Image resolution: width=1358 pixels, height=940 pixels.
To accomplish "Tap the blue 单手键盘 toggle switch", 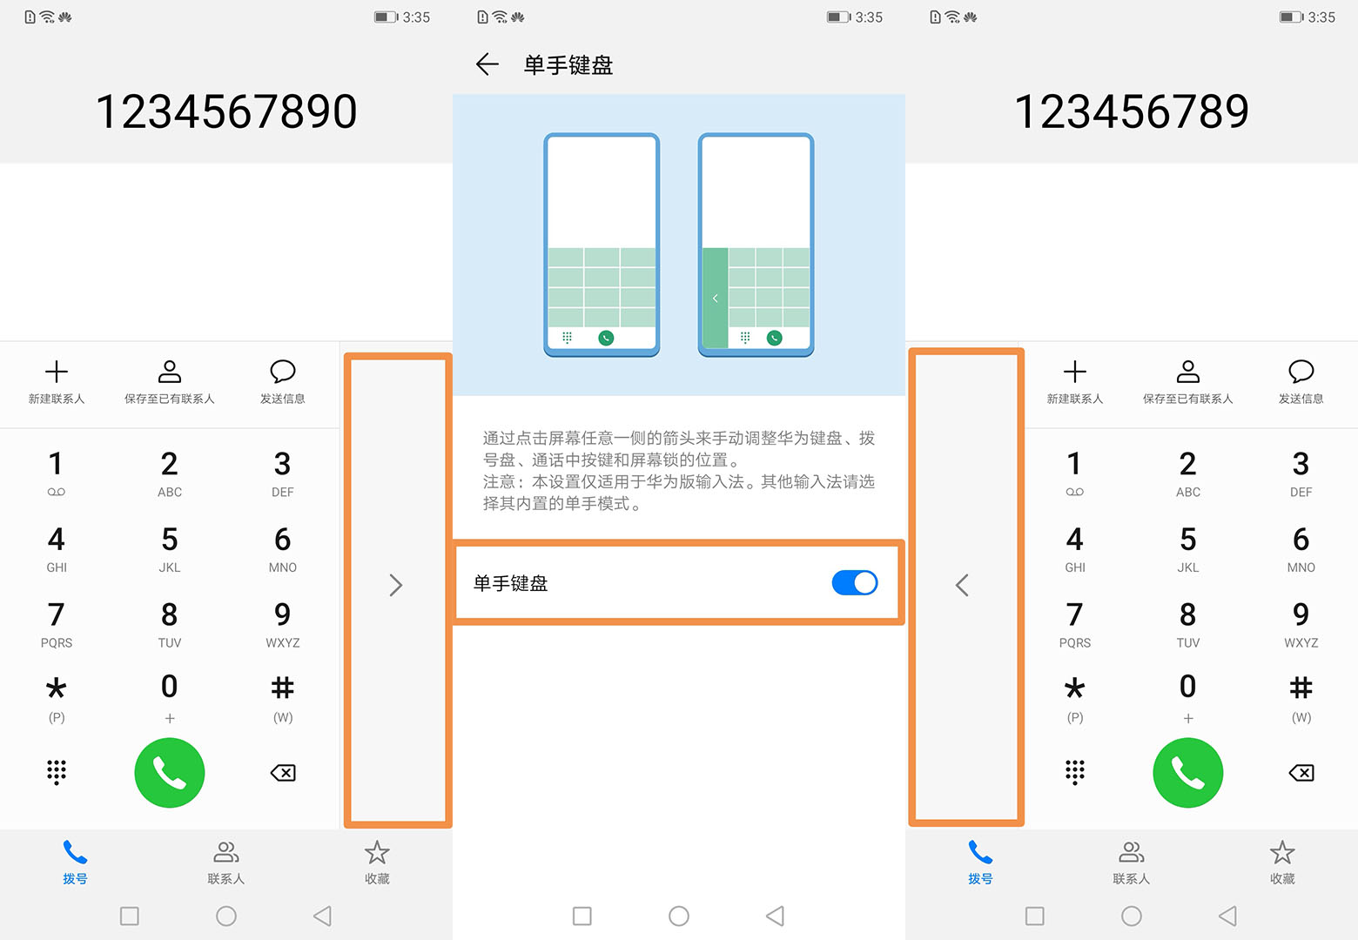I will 854,582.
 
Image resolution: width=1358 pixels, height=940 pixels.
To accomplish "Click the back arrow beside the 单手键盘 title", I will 487,64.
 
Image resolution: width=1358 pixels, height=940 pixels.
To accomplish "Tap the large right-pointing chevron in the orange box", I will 396,585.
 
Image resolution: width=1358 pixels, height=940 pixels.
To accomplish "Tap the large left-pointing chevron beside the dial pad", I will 962,585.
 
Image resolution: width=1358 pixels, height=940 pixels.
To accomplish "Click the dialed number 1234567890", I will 226,112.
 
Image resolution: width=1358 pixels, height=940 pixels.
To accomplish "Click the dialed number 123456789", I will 1131,112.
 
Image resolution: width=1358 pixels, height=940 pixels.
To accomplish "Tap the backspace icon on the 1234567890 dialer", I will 283,773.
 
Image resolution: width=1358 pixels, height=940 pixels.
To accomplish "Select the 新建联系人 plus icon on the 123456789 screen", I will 1074,373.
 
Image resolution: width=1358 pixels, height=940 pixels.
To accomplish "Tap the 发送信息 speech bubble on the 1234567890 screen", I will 283,373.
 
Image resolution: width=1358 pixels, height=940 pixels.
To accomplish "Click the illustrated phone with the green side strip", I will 756,244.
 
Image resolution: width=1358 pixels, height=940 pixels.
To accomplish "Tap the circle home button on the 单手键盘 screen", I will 679,916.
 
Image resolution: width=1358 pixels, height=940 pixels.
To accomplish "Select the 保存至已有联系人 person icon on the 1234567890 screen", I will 170,373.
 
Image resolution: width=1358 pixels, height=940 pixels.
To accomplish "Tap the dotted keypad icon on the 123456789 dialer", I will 1074,772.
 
